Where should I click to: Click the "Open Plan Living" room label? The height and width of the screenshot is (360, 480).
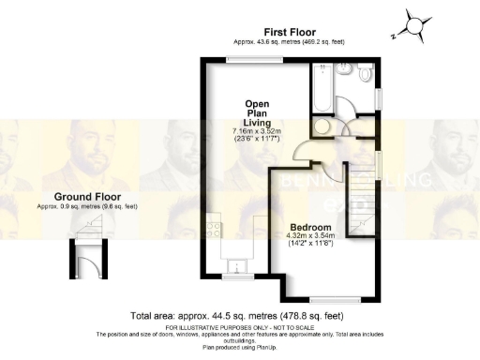(257, 112)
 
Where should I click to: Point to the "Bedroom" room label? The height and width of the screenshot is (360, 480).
(308, 228)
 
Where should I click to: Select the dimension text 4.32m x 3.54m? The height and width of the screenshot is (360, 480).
(308, 237)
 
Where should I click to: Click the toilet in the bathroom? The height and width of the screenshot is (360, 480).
(365, 73)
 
